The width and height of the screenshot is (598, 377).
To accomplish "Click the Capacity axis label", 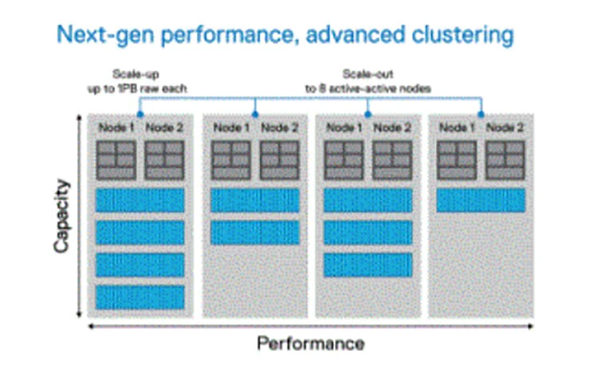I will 61,216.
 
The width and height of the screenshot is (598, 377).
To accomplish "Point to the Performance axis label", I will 310,344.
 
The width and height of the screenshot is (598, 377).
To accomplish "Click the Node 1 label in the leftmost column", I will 116,128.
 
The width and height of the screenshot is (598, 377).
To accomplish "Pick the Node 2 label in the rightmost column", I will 506,128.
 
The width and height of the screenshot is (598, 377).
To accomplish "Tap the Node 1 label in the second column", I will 230,128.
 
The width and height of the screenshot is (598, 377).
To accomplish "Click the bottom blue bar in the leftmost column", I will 140,296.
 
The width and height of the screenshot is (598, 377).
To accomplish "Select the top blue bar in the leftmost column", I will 140,200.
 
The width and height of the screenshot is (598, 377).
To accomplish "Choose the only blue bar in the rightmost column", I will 481,200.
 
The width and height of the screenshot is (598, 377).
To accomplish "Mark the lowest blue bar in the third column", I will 368,264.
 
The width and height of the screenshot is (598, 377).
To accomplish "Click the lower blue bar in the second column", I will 254,232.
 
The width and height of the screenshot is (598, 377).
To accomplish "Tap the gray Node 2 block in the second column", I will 279,160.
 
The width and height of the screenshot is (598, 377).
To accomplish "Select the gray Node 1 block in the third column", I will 344,160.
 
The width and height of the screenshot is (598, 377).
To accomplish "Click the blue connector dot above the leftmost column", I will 140,114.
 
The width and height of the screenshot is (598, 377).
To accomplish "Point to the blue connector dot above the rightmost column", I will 481,114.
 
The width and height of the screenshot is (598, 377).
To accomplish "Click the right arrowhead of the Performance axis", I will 533,326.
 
